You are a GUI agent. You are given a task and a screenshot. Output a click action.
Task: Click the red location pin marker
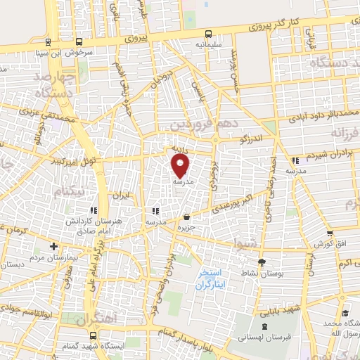[x=181, y=166]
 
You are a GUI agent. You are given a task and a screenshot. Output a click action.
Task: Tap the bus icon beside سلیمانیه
[x=208, y=34]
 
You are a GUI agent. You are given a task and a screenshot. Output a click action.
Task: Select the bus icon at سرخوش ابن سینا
[x=46, y=41]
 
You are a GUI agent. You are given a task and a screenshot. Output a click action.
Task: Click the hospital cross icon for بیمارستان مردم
[x=53, y=246]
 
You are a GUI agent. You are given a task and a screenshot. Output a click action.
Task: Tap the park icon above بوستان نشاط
[x=262, y=262]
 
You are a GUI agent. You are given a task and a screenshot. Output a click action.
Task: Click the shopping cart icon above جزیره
[x=186, y=217]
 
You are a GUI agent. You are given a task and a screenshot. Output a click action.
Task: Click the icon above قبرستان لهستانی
[x=264, y=326]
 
